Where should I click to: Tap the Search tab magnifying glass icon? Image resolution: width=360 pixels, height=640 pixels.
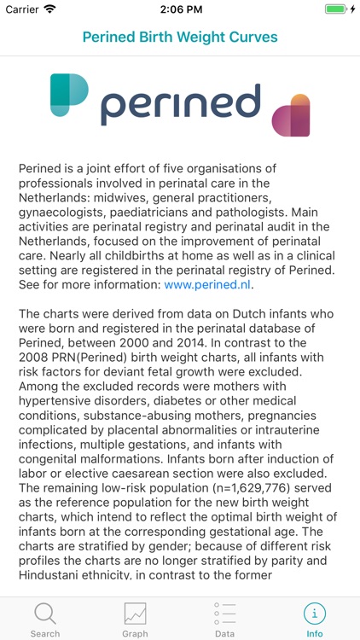(x=44, y=614)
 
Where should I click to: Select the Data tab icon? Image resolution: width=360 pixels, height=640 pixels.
(x=224, y=614)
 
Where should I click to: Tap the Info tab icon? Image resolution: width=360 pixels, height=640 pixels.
(x=315, y=614)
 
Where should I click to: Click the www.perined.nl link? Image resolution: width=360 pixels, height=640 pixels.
(x=208, y=285)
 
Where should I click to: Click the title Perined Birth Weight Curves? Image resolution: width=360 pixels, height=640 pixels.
(x=180, y=38)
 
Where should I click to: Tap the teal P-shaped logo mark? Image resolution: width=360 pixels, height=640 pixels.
(x=69, y=95)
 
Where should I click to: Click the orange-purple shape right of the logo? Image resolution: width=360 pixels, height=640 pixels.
(x=291, y=115)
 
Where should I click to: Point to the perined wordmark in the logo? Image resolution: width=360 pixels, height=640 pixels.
(x=180, y=104)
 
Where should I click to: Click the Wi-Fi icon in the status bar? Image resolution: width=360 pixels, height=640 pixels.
(x=49, y=9)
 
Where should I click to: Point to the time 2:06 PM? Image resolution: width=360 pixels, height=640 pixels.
(x=180, y=9)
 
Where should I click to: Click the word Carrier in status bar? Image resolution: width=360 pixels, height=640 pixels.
(x=22, y=9)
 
